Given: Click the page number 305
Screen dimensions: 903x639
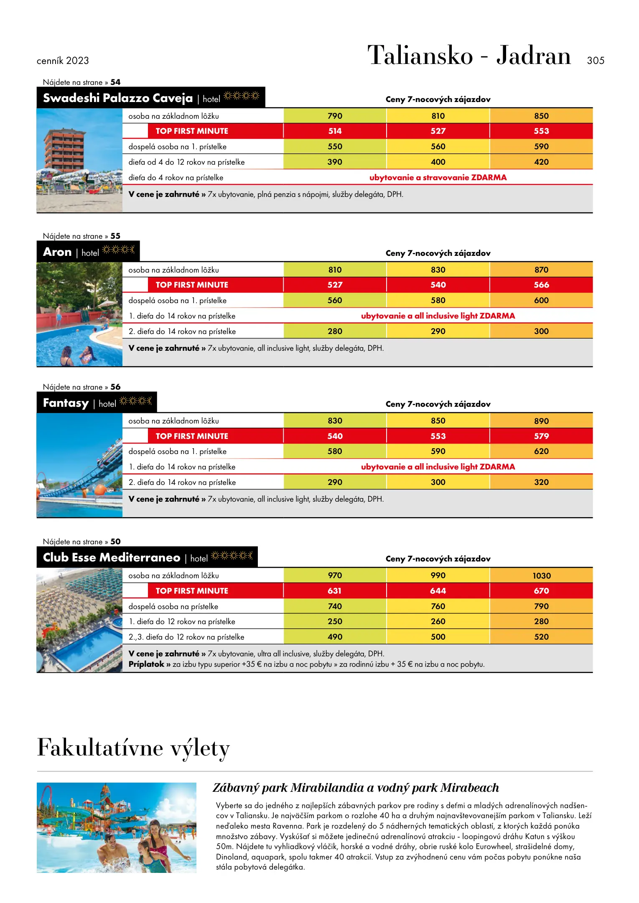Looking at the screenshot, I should coord(595,61).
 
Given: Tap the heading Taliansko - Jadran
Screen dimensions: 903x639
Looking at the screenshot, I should coord(469,56).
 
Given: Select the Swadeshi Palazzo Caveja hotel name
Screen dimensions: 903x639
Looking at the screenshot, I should coord(117,98).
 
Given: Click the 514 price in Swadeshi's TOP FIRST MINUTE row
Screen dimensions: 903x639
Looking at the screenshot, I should coord(335,131).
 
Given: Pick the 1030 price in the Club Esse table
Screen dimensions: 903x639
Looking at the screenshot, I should coord(541,576).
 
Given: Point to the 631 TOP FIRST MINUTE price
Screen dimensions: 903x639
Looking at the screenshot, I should coord(335,591).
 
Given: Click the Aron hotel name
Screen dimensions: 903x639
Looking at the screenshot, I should coord(57,252).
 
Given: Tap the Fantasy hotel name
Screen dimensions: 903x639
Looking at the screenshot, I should coord(66,403).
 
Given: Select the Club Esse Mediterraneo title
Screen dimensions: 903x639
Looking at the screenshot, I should coord(111,558).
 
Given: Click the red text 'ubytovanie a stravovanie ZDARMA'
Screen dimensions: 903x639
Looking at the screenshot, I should coord(438,178).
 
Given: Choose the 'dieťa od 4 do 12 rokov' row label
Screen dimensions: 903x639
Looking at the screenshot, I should coord(186,162).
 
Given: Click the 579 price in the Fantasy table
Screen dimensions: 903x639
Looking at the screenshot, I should coord(541,436).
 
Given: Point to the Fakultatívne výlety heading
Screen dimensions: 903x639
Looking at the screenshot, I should coord(133,748).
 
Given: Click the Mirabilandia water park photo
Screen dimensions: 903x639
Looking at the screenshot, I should coord(116,827).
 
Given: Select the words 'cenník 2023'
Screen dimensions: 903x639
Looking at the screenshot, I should coord(63,61).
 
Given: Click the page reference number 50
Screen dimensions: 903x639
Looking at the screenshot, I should coord(115,541).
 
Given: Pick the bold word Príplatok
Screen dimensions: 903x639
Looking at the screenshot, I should coord(146,664).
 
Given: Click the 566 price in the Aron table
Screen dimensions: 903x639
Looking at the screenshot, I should coord(541,285).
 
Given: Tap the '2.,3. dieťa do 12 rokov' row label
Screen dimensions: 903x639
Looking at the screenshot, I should coord(186,637).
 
